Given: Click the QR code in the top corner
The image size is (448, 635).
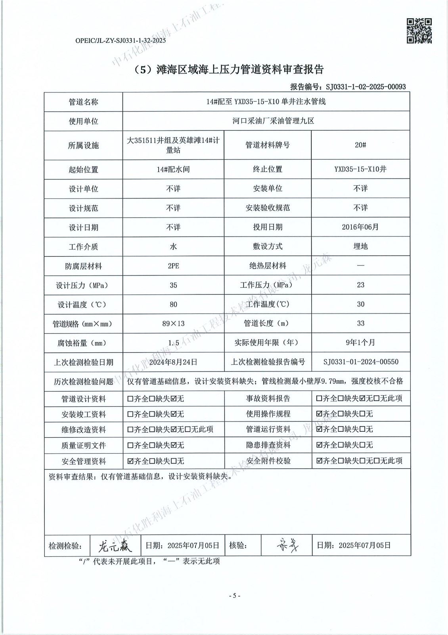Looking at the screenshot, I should click(x=419, y=31).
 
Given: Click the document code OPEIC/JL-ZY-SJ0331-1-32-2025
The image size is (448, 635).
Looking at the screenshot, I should click(x=120, y=40).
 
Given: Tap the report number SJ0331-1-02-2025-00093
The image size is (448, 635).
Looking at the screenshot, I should click(x=365, y=87).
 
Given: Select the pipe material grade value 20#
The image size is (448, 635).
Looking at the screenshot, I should click(x=360, y=145).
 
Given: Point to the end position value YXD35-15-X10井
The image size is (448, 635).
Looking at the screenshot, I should click(x=360, y=169).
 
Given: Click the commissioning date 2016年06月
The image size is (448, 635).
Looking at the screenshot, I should click(x=360, y=227).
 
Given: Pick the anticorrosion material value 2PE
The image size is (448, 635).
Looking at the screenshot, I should click(x=173, y=266).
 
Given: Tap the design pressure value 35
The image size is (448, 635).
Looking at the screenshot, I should click(x=173, y=285).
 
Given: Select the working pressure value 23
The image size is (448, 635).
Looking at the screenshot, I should click(x=360, y=285).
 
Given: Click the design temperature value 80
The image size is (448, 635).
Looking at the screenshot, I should click(x=173, y=304).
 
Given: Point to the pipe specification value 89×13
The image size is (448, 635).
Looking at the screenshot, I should click(x=173, y=323).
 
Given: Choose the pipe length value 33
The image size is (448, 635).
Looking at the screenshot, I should click(x=360, y=323).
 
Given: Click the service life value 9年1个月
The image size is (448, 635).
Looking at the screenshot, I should click(x=360, y=342).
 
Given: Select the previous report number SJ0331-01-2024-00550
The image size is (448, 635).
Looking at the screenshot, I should click(x=360, y=362).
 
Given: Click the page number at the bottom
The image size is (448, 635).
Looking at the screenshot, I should click(x=234, y=596).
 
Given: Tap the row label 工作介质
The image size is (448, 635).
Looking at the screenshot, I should click(x=83, y=246).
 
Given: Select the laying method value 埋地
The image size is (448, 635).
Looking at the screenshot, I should click(x=360, y=246).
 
